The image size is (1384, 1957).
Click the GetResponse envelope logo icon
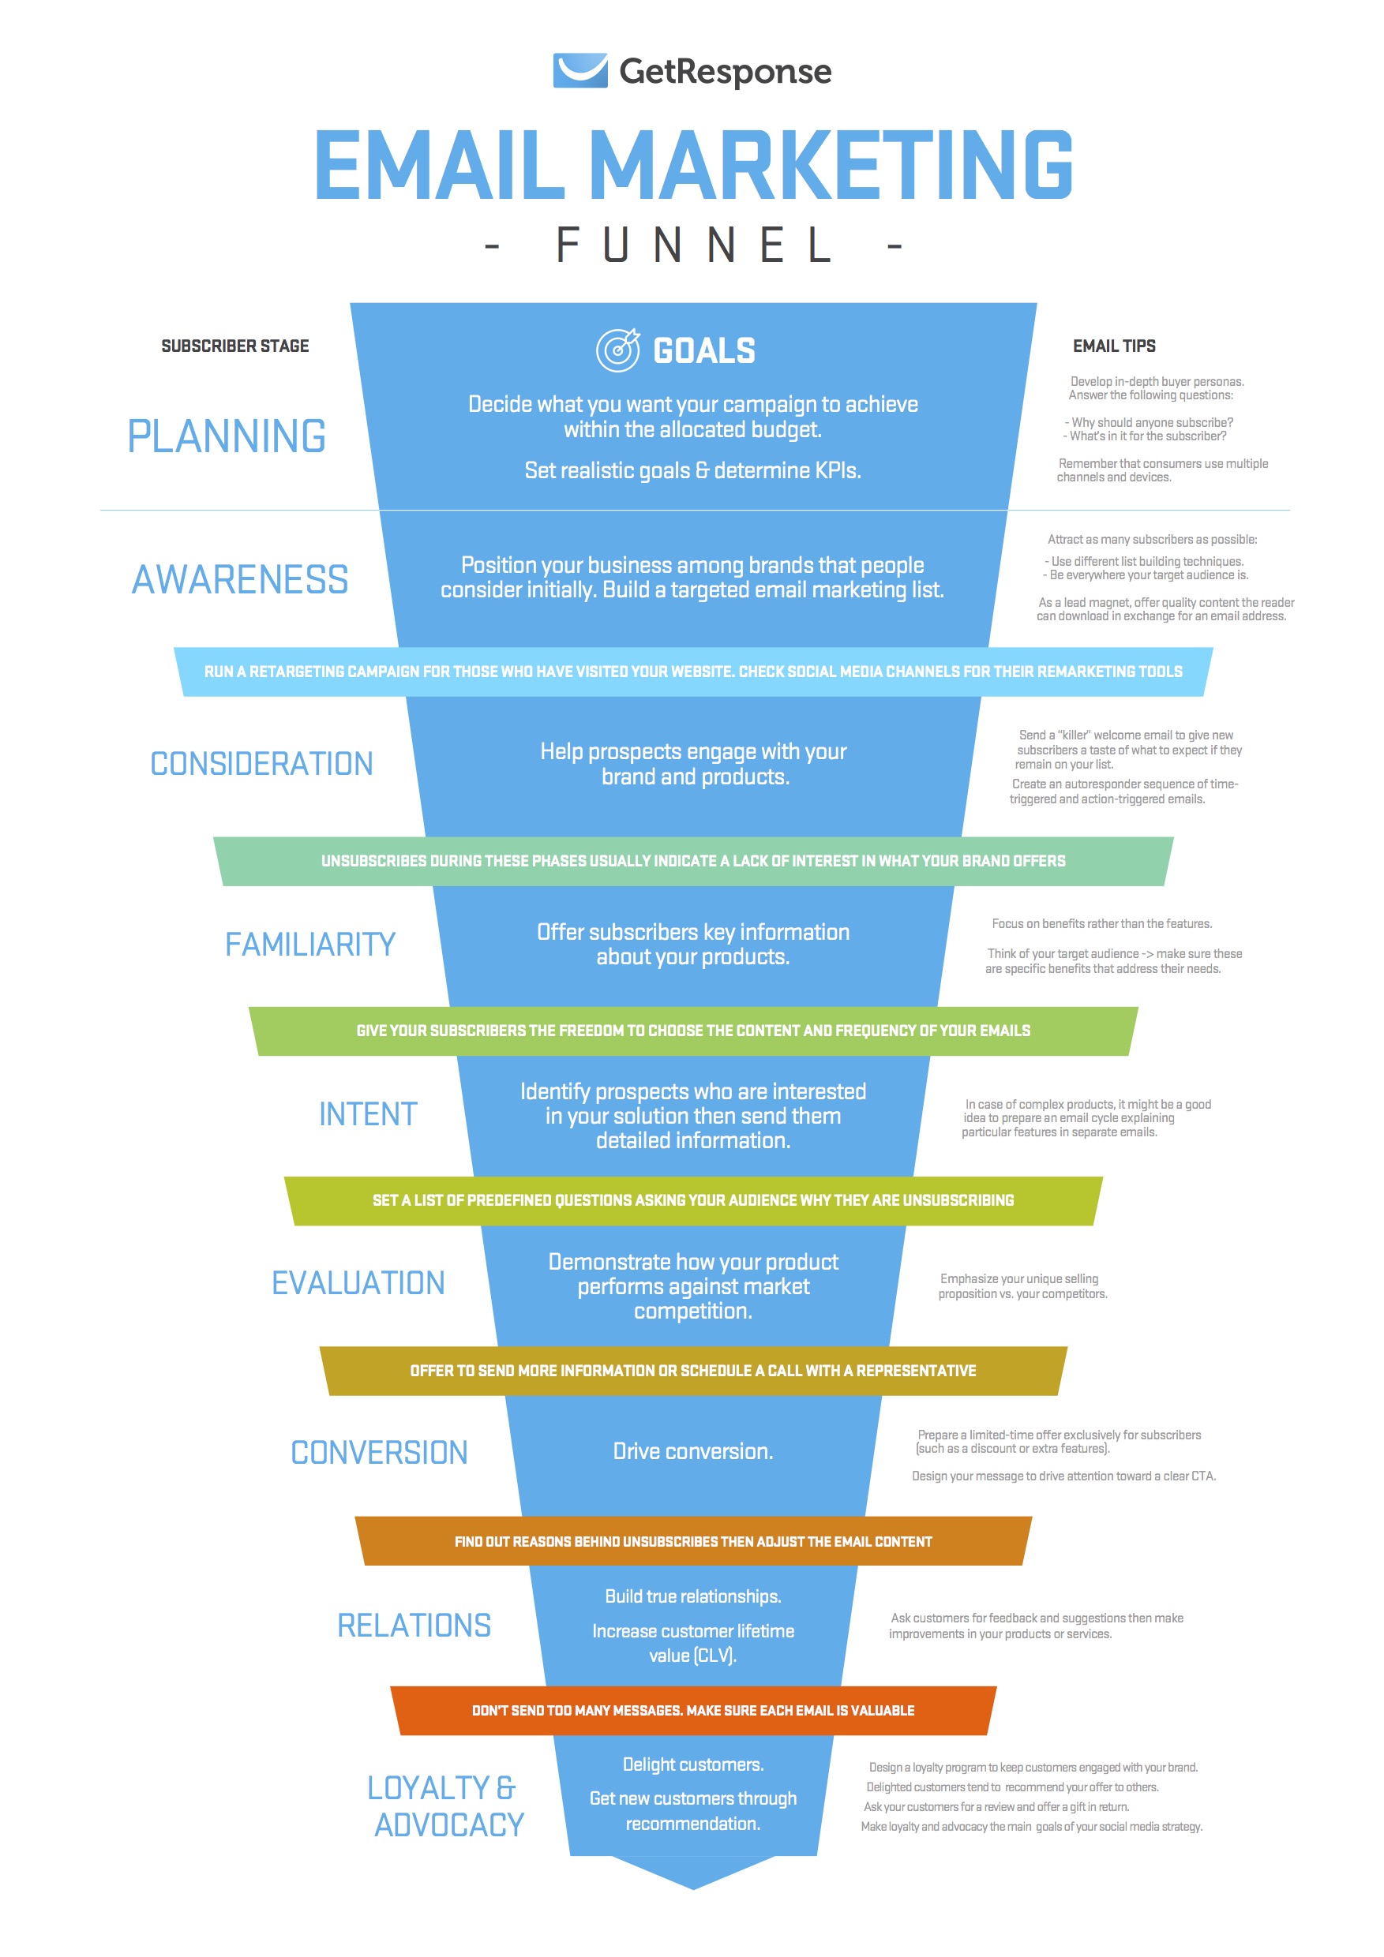[579, 71]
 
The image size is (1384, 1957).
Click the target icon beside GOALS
[617, 350]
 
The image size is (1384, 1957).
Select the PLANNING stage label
[226, 436]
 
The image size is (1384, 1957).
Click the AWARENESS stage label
[240, 579]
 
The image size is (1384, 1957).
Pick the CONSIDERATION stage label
[261, 764]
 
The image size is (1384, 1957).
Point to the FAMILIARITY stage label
[309, 945]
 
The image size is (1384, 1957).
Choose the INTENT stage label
[368, 1114]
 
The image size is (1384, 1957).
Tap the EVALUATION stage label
[358, 1283]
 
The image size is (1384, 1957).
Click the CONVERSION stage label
[379, 1453]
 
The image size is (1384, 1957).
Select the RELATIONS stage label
[414, 1626]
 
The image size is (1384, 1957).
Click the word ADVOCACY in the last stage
[449, 1825]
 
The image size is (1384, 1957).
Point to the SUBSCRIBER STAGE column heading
[234, 346]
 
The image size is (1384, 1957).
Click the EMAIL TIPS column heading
[1114, 346]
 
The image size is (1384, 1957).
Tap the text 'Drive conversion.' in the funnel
[692, 1451]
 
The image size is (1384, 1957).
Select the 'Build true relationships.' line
[692, 1596]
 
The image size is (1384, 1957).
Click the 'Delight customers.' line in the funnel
[692, 1764]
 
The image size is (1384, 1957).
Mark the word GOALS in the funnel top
[703, 350]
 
